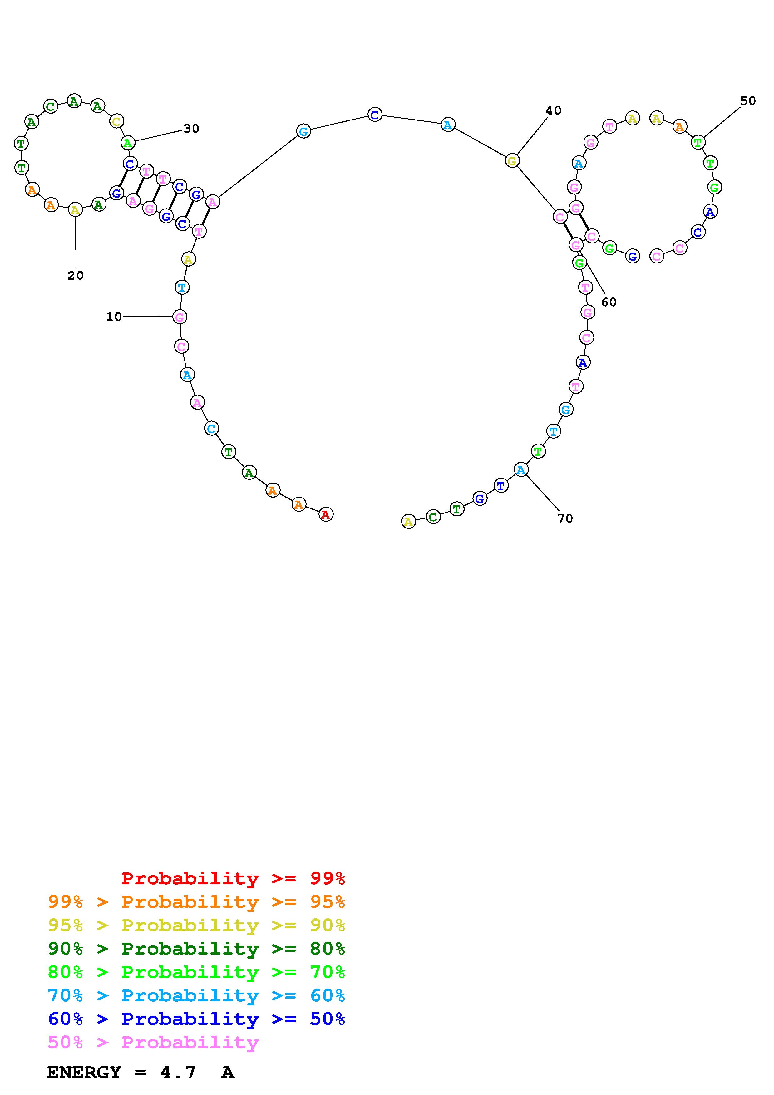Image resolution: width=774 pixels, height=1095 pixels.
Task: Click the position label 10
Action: coord(114,317)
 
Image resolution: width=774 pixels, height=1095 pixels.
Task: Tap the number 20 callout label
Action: coord(75,276)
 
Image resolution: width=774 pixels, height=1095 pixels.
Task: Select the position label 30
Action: coord(191,129)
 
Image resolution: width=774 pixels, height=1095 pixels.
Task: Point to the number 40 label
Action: coord(553,110)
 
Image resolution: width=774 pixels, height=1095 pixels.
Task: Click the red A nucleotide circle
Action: coord(326,514)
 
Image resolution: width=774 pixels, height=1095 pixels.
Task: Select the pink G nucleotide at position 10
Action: coord(180,317)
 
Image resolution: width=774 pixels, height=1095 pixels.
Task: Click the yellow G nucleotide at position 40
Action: coord(512,161)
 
